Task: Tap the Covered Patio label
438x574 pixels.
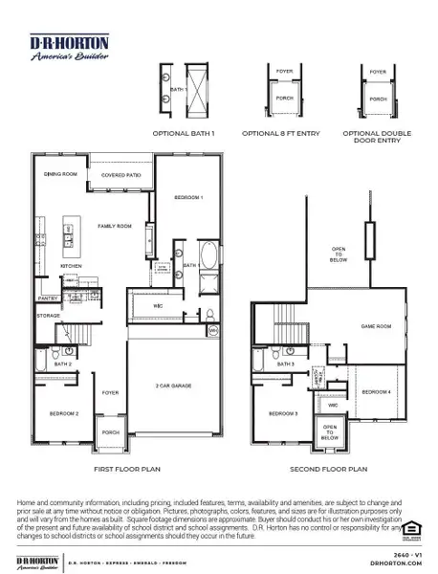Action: (x=120, y=176)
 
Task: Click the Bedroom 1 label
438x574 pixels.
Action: (x=187, y=197)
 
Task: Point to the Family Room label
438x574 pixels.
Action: (x=113, y=226)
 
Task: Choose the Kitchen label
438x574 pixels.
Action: (x=72, y=265)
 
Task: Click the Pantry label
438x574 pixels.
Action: (x=50, y=298)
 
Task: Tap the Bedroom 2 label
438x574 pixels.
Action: (x=63, y=412)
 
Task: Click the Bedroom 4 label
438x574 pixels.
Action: (x=376, y=392)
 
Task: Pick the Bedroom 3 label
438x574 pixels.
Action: (x=283, y=412)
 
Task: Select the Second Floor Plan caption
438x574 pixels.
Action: (x=328, y=469)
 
